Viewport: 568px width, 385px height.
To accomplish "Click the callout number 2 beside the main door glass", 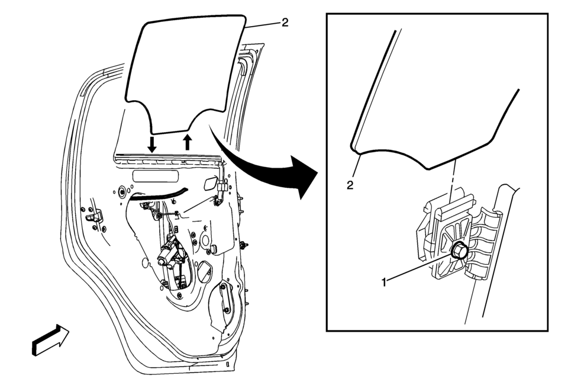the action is pos(285,23).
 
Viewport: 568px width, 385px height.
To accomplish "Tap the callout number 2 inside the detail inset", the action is pos(350,185).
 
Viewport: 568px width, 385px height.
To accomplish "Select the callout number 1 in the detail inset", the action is pos(385,282).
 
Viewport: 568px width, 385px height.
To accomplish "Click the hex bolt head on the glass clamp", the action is pos(457,250).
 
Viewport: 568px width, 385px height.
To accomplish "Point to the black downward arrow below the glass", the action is pos(152,144).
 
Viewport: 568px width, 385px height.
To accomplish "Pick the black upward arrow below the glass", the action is pos(188,142).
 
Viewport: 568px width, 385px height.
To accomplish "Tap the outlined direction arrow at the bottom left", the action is pos(50,339).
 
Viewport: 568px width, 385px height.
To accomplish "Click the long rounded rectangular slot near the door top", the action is pos(156,176).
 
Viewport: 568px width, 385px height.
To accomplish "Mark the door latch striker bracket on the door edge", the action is pos(94,218).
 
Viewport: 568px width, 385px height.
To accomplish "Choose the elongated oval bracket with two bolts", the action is pos(225,298).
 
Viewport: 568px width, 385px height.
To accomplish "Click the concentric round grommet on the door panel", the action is pos(122,191).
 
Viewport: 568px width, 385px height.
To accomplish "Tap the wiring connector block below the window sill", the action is pos(222,187).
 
